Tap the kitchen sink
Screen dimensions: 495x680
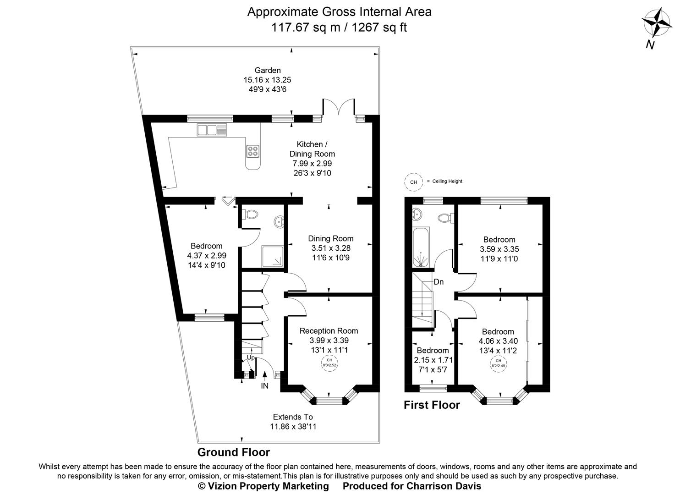point(212,130)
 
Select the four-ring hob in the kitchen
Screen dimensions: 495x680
point(252,151)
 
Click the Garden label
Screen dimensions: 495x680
point(268,70)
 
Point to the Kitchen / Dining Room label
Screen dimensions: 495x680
point(312,149)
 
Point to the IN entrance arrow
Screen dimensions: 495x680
point(265,380)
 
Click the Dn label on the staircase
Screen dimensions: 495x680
point(439,282)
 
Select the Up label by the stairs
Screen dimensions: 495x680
point(251,357)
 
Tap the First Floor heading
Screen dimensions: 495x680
point(431,405)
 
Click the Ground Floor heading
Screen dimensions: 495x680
point(233,452)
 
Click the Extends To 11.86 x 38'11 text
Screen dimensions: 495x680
point(293,422)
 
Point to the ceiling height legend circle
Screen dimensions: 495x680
point(413,182)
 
